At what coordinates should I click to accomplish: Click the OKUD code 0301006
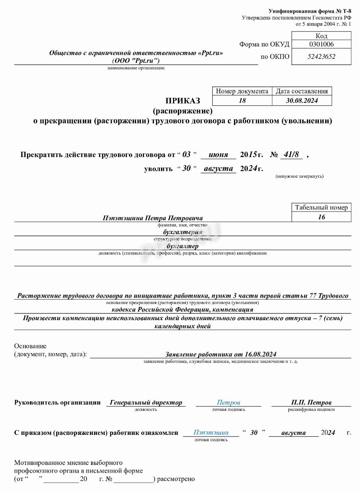(x=321, y=44)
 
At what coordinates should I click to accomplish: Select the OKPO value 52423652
(x=321, y=57)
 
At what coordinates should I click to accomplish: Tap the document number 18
(x=242, y=100)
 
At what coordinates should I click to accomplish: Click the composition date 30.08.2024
(x=302, y=100)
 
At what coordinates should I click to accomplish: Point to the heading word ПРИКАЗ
(x=183, y=100)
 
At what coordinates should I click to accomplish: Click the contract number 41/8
(x=291, y=154)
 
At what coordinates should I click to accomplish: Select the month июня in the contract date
(x=218, y=155)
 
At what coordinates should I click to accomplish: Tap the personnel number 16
(x=321, y=217)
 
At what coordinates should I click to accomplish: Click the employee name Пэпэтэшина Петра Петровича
(x=153, y=218)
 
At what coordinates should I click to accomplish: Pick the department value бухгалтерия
(x=182, y=232)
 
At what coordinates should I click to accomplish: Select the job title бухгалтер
(x=182, y=246)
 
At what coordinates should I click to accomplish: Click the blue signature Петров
(x=229, y=402)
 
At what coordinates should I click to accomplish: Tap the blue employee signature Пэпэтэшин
(x=211, y=432)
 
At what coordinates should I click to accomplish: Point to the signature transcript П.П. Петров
(x=311, y=402)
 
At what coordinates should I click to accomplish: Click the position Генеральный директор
(x=146, y=402)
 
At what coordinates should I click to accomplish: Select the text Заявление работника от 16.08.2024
(x=221, y=354)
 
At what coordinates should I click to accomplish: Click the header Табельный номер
(x=321, y=207)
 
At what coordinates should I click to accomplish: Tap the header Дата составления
(x=302, y=91)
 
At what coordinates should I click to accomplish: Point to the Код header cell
(x=321, y=36)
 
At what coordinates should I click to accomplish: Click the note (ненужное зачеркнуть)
(x=299, y=176)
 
